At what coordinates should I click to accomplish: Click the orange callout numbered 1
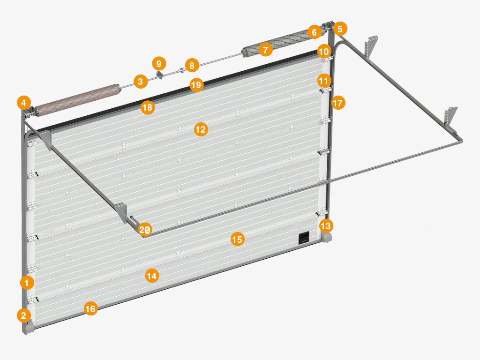point(27,283)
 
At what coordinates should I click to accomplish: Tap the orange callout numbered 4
point(24,103)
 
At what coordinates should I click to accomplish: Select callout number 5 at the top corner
point(340,29)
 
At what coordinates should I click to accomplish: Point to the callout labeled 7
point(265,50)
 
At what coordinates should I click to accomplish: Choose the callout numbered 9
point(159,64)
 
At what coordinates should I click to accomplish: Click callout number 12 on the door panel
point(201,130)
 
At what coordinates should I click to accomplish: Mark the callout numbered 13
point(326,226)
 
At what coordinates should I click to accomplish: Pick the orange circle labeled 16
point(90,309)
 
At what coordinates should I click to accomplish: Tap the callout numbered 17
point(338,103)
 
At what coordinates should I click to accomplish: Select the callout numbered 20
point(145,230)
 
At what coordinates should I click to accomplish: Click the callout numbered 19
point(196,84)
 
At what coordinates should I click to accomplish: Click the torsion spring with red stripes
point(76,100)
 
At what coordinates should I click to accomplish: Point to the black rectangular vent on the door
point(304,238)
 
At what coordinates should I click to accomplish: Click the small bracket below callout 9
point(160,75)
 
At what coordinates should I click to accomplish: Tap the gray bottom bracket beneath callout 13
point(326,238)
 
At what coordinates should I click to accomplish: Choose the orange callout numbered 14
point(151,276)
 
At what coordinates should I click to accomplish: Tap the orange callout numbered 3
point(141,82)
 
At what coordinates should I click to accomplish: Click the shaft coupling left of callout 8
point(181,71)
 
